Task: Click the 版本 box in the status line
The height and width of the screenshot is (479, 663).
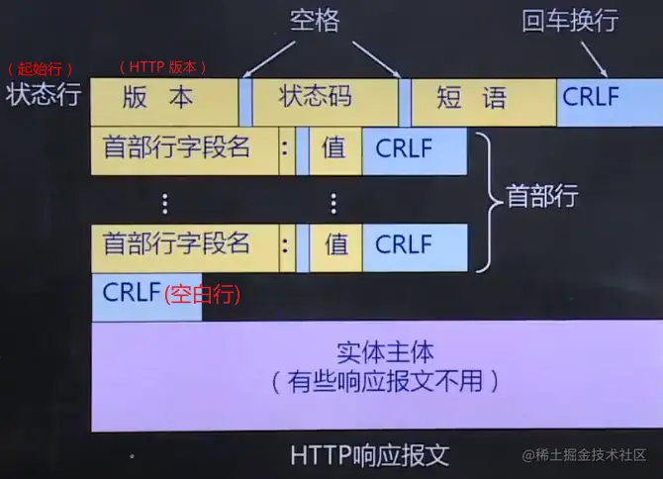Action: pos(164,100)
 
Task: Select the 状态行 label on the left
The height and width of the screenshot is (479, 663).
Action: pos(42,96)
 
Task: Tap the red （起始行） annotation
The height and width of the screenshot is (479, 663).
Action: pos(42,69)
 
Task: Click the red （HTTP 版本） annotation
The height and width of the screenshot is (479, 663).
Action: pos(163,68)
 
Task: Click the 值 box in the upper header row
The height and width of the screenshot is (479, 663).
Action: pos(335,151)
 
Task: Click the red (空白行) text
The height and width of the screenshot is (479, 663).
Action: pos(203,295)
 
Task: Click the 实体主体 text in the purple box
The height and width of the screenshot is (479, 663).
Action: pos(385,353)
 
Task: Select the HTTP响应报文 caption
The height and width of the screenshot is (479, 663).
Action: pos(370,455)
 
